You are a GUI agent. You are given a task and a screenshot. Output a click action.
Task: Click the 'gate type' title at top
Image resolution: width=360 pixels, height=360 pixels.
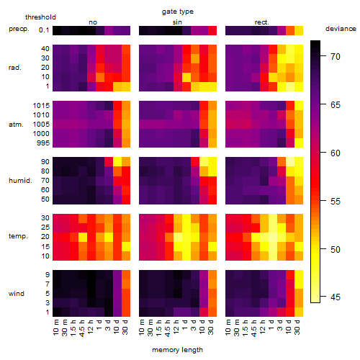[178, 12]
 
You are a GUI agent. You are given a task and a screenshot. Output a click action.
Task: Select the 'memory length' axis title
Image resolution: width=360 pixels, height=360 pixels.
[177, 350]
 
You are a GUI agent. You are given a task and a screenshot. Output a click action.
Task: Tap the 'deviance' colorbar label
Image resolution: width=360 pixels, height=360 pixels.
[341, 29]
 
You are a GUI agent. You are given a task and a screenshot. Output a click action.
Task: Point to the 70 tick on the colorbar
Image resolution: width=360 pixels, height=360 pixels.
[336, 57]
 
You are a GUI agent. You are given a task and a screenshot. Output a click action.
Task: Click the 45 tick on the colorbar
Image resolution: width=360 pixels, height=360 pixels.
[336, 297]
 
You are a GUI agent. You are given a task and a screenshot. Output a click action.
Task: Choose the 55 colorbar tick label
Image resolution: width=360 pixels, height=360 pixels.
[336, 201]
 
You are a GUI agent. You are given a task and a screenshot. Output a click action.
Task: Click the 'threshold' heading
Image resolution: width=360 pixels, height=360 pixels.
[40, 17]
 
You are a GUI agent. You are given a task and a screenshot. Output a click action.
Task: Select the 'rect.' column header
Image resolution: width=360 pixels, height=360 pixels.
[262, 22]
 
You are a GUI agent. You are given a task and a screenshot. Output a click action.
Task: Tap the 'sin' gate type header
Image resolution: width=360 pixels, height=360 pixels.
[177, 22]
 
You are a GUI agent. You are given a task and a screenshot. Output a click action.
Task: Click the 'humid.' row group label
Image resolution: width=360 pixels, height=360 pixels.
[20, 181]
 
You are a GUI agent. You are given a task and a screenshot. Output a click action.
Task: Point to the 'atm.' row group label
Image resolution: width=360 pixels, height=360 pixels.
[16, 125]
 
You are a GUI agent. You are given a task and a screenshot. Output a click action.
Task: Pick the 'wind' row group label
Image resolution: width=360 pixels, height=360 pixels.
[17, 294]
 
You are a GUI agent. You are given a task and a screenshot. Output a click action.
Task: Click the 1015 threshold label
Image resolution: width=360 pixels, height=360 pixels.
[41, 106]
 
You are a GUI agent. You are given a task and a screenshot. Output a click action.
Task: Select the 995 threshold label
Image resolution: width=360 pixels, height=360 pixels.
[43, 143]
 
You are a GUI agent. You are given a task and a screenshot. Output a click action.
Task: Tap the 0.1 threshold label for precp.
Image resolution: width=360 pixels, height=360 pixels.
[44, 30]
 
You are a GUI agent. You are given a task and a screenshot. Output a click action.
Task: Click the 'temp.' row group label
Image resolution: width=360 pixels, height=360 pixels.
[18, 236]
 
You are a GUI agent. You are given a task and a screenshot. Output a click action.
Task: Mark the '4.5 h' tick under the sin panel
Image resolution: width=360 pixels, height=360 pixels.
[168, 328]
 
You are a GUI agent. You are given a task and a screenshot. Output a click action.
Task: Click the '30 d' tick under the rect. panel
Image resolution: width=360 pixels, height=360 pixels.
[297, 328]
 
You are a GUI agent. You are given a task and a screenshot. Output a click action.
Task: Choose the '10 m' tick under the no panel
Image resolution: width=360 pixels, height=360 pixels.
[55, 328]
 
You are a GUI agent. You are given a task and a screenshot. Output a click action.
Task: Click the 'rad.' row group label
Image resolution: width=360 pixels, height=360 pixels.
[15, 68]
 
